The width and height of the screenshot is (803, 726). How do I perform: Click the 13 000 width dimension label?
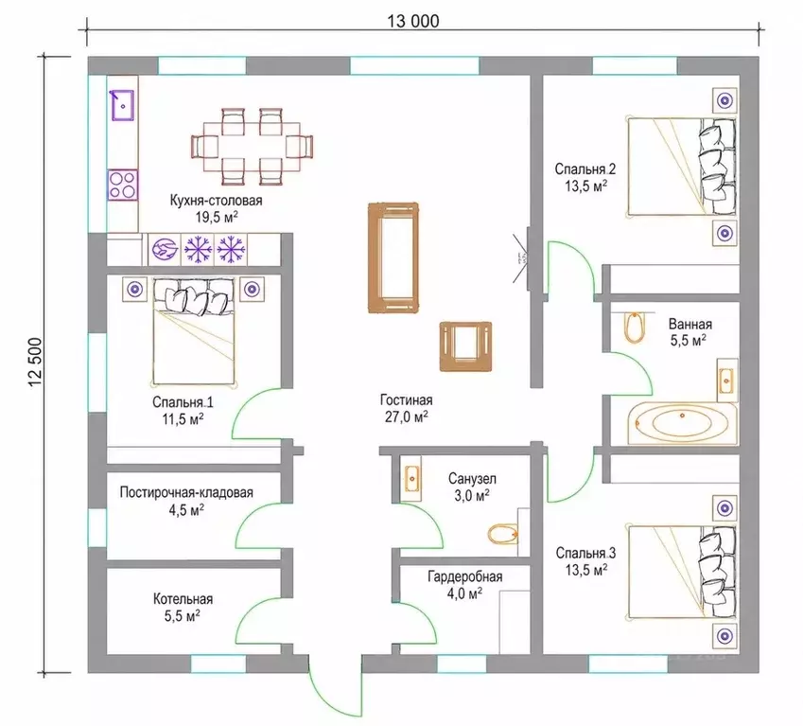412,21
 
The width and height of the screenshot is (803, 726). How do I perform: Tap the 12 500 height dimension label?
36,363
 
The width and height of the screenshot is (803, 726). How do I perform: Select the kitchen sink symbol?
123,105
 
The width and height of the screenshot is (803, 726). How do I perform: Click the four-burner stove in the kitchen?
123,185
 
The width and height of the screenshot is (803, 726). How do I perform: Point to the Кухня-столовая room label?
216,201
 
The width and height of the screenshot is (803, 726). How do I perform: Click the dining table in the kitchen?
252,146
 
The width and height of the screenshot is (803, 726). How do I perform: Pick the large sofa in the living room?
393,257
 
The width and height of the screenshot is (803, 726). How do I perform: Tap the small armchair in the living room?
465,346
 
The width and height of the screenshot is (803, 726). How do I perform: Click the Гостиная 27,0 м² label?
406,408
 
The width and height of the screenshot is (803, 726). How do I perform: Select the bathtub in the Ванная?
682,423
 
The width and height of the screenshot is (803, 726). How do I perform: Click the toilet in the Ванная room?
635,327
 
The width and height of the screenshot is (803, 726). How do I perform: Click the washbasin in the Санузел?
411,478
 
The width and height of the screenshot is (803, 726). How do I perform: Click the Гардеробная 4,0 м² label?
465,585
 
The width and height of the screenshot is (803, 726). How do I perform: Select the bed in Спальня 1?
194,331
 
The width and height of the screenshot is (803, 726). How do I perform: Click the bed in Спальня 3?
682,571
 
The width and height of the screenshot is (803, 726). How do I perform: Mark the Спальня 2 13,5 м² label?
585,177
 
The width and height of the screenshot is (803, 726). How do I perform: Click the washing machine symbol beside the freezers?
165,250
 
